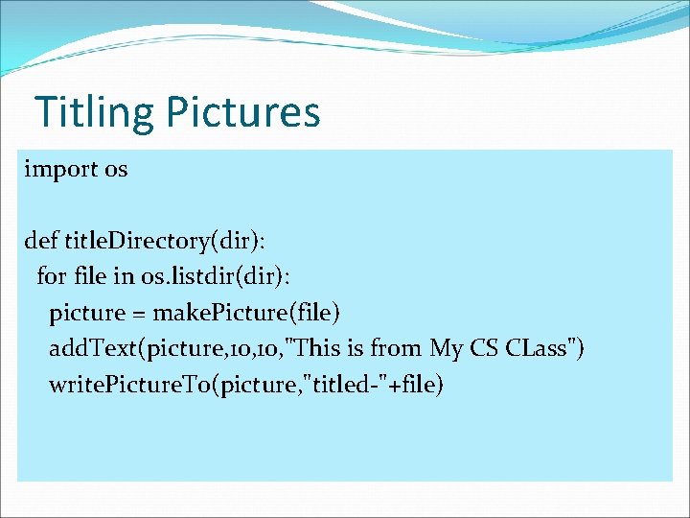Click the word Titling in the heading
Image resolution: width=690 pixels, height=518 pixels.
[94, 111]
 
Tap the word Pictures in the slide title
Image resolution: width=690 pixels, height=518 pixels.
[242, 111]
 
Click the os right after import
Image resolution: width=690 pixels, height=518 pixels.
[116, 170]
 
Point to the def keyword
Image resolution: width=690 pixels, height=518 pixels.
[41, 241]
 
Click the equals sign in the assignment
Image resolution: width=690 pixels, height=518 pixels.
[139, 313]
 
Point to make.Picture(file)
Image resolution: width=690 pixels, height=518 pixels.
[246, 313]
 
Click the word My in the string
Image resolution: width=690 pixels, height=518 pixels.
[447, 348]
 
